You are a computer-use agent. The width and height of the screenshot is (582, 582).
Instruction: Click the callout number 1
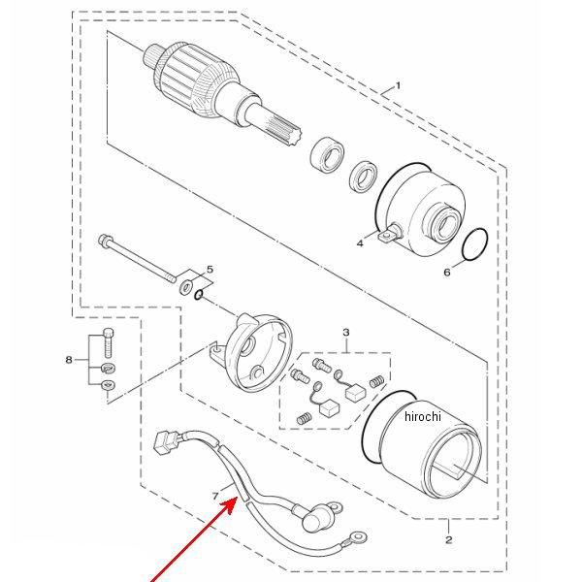click(398, 86)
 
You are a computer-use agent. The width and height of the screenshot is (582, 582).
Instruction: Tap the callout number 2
click(449, 539)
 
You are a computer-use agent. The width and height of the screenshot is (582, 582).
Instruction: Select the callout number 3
click(346, 332)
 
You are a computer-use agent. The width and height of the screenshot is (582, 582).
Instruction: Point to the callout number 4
click(360, 243)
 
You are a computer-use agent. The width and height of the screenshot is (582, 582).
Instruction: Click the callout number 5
click(210, 269)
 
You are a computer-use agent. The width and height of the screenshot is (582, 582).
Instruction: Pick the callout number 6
click(447, 273)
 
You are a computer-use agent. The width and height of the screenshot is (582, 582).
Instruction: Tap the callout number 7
click(215, 496)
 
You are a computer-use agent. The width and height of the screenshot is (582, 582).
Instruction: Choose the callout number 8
click(69, 360)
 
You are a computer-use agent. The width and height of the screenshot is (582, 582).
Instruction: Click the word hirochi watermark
click(423, 416)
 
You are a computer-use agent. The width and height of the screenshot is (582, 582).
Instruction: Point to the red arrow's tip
click(238, 498)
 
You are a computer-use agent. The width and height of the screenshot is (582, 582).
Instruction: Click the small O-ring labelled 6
click(475, 245)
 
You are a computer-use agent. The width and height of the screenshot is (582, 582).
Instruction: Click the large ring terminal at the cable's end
click(359, 536)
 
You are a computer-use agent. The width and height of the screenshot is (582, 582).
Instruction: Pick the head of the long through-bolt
click(105, 240)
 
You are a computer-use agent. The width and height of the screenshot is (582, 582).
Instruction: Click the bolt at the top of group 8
click(108, 342)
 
